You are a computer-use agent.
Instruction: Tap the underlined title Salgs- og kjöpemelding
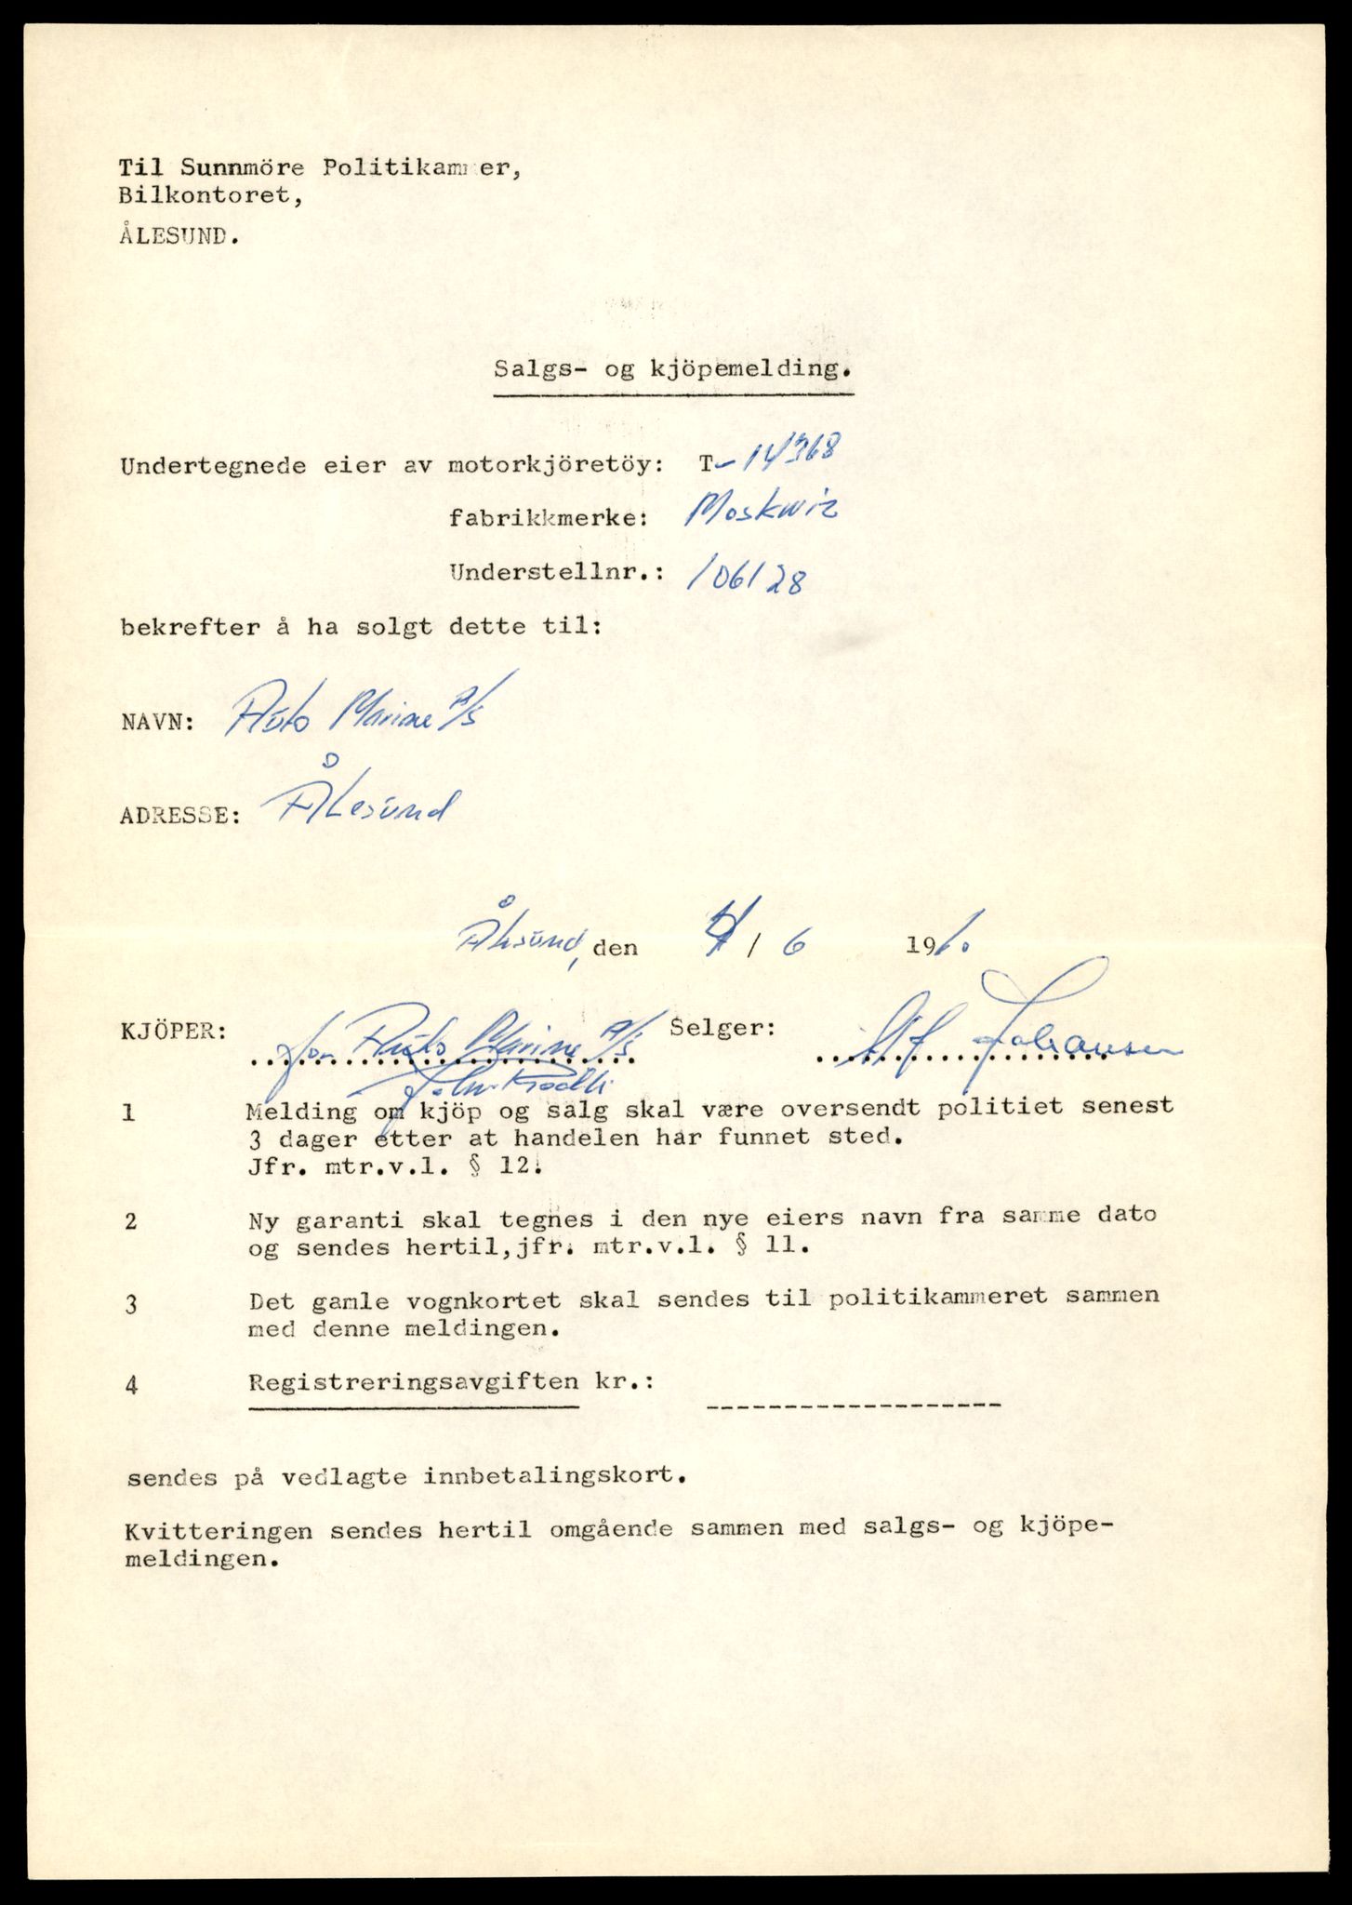(x=672, y=368)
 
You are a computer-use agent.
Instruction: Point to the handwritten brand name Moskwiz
(x=760, y=511)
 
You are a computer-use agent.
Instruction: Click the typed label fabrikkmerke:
(x=548, y=518)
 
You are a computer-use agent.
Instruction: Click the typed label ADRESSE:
(x=180, y=816)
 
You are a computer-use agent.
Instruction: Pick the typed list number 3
(x=131, y=1304)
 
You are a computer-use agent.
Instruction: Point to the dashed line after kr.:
(x=853, y=1405)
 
